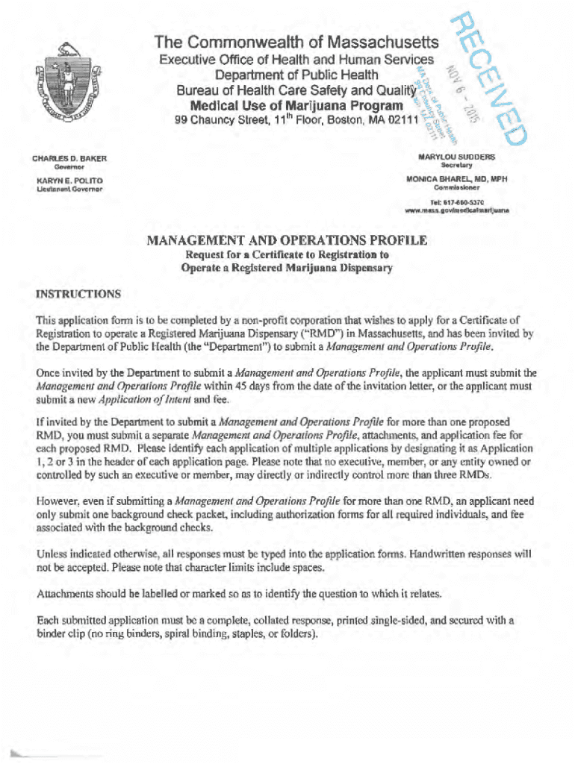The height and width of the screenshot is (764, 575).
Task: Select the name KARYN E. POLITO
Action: pyautogui.click(x=67, y=181)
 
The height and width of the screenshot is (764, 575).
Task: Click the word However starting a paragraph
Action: pyautogui.click(x=58, y=501)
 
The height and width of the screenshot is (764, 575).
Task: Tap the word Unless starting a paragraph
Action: pyautogui.click(x=54, y=554)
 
